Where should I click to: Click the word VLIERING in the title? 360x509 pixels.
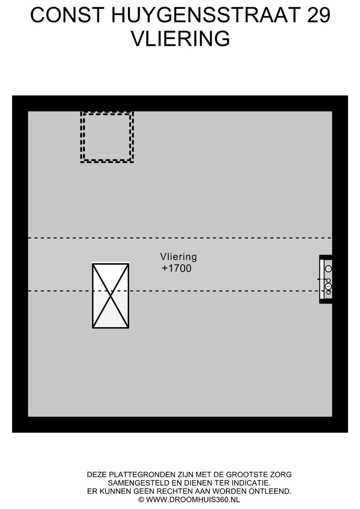[x=180, y=39]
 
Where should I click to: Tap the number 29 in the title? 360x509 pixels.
[x=318, y=16]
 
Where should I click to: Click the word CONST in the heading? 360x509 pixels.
[x=67, y=16]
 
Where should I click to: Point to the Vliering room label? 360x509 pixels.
[x=178, y=257]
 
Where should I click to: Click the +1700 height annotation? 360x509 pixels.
[x=176, y=268]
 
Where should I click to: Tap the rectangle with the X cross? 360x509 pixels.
[x=111, y=296]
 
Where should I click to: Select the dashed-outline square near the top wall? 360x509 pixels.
[x=107, y=137]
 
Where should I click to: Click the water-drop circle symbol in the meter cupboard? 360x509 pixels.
[x=328, y=269]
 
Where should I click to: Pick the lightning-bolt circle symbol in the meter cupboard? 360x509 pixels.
[x=328, y=286]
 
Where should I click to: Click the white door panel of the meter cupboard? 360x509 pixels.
[x=322, y=279]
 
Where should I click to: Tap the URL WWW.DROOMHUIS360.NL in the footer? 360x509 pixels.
[x=193, y=499]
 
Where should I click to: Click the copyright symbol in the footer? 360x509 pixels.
[x=141, y=499]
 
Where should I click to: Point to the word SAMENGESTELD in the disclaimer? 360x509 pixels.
[x=133, y=483]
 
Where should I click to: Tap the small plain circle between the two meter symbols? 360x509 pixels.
[x=328, y=280]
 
